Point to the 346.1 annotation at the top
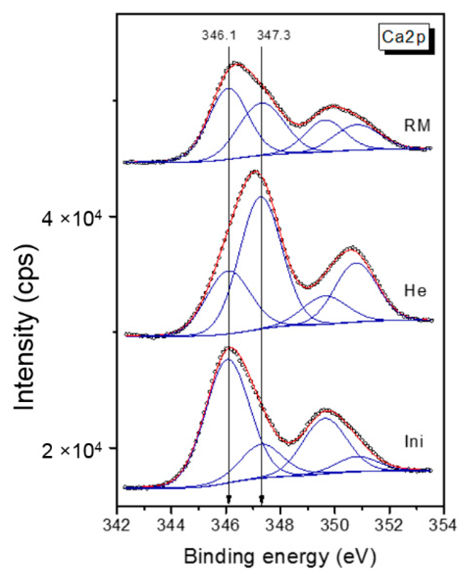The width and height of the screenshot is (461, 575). click(219, 35)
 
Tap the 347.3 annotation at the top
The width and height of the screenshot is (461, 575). click(273, 35)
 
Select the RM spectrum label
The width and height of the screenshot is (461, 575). click(417, 126)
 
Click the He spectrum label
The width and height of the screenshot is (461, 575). click(415, 291)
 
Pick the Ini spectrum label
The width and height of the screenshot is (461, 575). click(414, 442)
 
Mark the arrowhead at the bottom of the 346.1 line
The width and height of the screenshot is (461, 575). click(229, 500)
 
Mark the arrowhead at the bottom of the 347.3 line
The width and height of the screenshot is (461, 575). click(262, 500)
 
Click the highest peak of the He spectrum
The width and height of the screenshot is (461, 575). click(255, 172)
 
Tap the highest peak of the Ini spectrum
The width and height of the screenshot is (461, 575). click(229, 348)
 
